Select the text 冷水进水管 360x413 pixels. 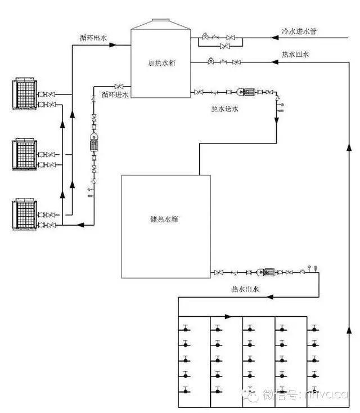[299, 31]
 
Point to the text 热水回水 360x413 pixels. [295, 55]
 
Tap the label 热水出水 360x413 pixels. [245, 289]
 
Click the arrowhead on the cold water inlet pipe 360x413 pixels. [275, 39]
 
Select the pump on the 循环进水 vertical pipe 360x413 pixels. [93, 144]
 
